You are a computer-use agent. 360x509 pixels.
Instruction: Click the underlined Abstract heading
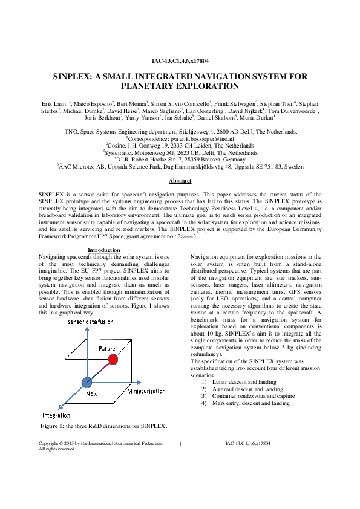(x=180, y=181)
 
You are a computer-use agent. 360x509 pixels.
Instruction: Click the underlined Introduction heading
(x=104, y=250)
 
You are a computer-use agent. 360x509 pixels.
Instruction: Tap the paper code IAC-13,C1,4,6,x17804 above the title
(x=180, y=62)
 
